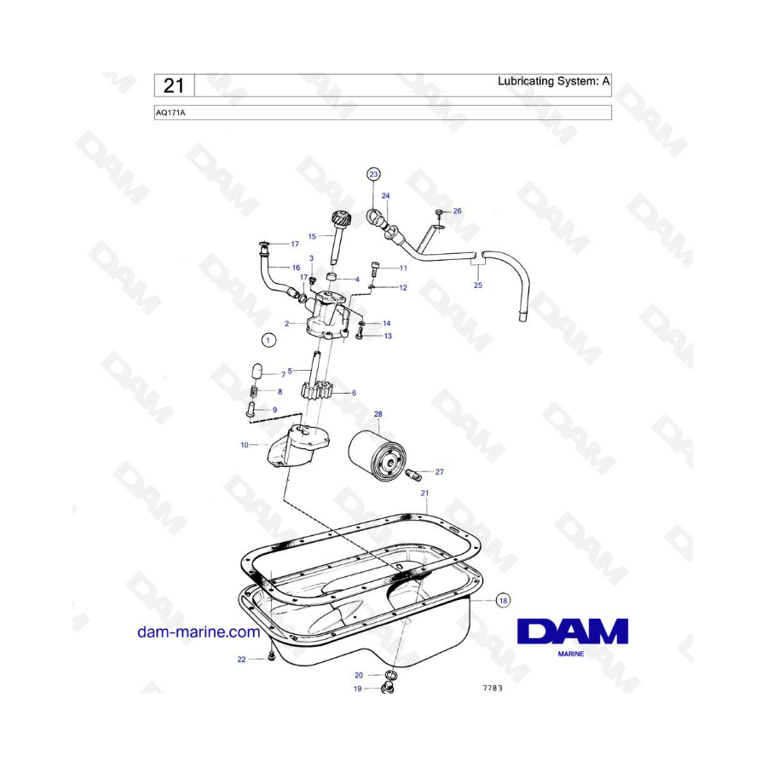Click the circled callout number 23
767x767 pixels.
coord(374,174)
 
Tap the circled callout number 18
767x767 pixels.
coord(503,600)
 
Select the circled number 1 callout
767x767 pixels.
coord(268,340)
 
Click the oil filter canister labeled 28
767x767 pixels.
coord(378,457)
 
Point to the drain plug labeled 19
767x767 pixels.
coord(388,689)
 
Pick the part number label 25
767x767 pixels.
coord(478,285)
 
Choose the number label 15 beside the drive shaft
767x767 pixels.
coord(312,236)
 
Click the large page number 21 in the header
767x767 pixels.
coord(174,85)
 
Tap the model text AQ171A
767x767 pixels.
coord(170,113)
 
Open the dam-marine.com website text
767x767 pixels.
coord(199,632)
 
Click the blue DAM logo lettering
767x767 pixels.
coord(573,631)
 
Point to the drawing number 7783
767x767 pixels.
coord(493,688)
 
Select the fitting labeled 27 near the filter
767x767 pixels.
coord(413,475)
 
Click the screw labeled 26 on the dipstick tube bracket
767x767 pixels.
coord(439,212)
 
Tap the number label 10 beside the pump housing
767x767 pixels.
coord(245,445)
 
